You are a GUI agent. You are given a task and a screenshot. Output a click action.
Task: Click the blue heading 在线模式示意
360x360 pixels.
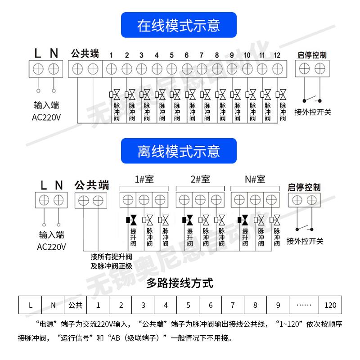tap(179, 25)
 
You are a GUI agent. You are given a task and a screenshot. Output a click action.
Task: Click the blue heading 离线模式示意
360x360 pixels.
tap(179, 151)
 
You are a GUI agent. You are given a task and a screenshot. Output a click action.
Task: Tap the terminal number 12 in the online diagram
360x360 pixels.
tap(277, 55)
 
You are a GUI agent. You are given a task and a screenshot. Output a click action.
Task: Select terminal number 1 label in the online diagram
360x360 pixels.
tap(111, 55)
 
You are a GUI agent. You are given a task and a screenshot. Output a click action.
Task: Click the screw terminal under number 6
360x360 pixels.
tap(186, 69)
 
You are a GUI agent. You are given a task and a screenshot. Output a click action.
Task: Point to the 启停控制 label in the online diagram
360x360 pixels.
tap(312, 55)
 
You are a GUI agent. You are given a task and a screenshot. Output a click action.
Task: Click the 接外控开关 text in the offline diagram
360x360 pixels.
tap(305, 241)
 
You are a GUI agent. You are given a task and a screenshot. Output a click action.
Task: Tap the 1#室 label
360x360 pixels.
tap(144, 179)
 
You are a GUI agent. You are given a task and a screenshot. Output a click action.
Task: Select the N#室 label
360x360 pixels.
tap(255, 179)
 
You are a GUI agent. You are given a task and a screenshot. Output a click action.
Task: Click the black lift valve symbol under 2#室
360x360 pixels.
tap(188, 220)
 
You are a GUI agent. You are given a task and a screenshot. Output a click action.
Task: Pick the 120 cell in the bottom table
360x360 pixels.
tap(330, 305)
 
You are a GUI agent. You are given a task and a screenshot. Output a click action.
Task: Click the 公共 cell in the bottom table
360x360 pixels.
tap(76, 305)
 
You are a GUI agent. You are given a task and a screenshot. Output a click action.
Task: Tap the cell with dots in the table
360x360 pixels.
tap(304, 305)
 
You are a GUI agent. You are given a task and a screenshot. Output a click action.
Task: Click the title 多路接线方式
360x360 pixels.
tap(180, 283)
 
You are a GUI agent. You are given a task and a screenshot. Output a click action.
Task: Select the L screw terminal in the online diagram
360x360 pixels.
tap(39, 69)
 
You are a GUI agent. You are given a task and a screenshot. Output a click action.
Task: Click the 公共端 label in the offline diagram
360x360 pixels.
tap(92, 185)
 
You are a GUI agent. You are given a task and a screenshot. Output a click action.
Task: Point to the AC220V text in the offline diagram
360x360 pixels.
tap(51, 247)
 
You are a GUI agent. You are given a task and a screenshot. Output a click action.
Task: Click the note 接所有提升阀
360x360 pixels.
tap(111, 257)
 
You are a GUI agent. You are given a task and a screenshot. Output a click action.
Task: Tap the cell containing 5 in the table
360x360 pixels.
tap(188, 305)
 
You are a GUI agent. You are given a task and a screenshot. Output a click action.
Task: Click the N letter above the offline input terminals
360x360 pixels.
tap(58, 185)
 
